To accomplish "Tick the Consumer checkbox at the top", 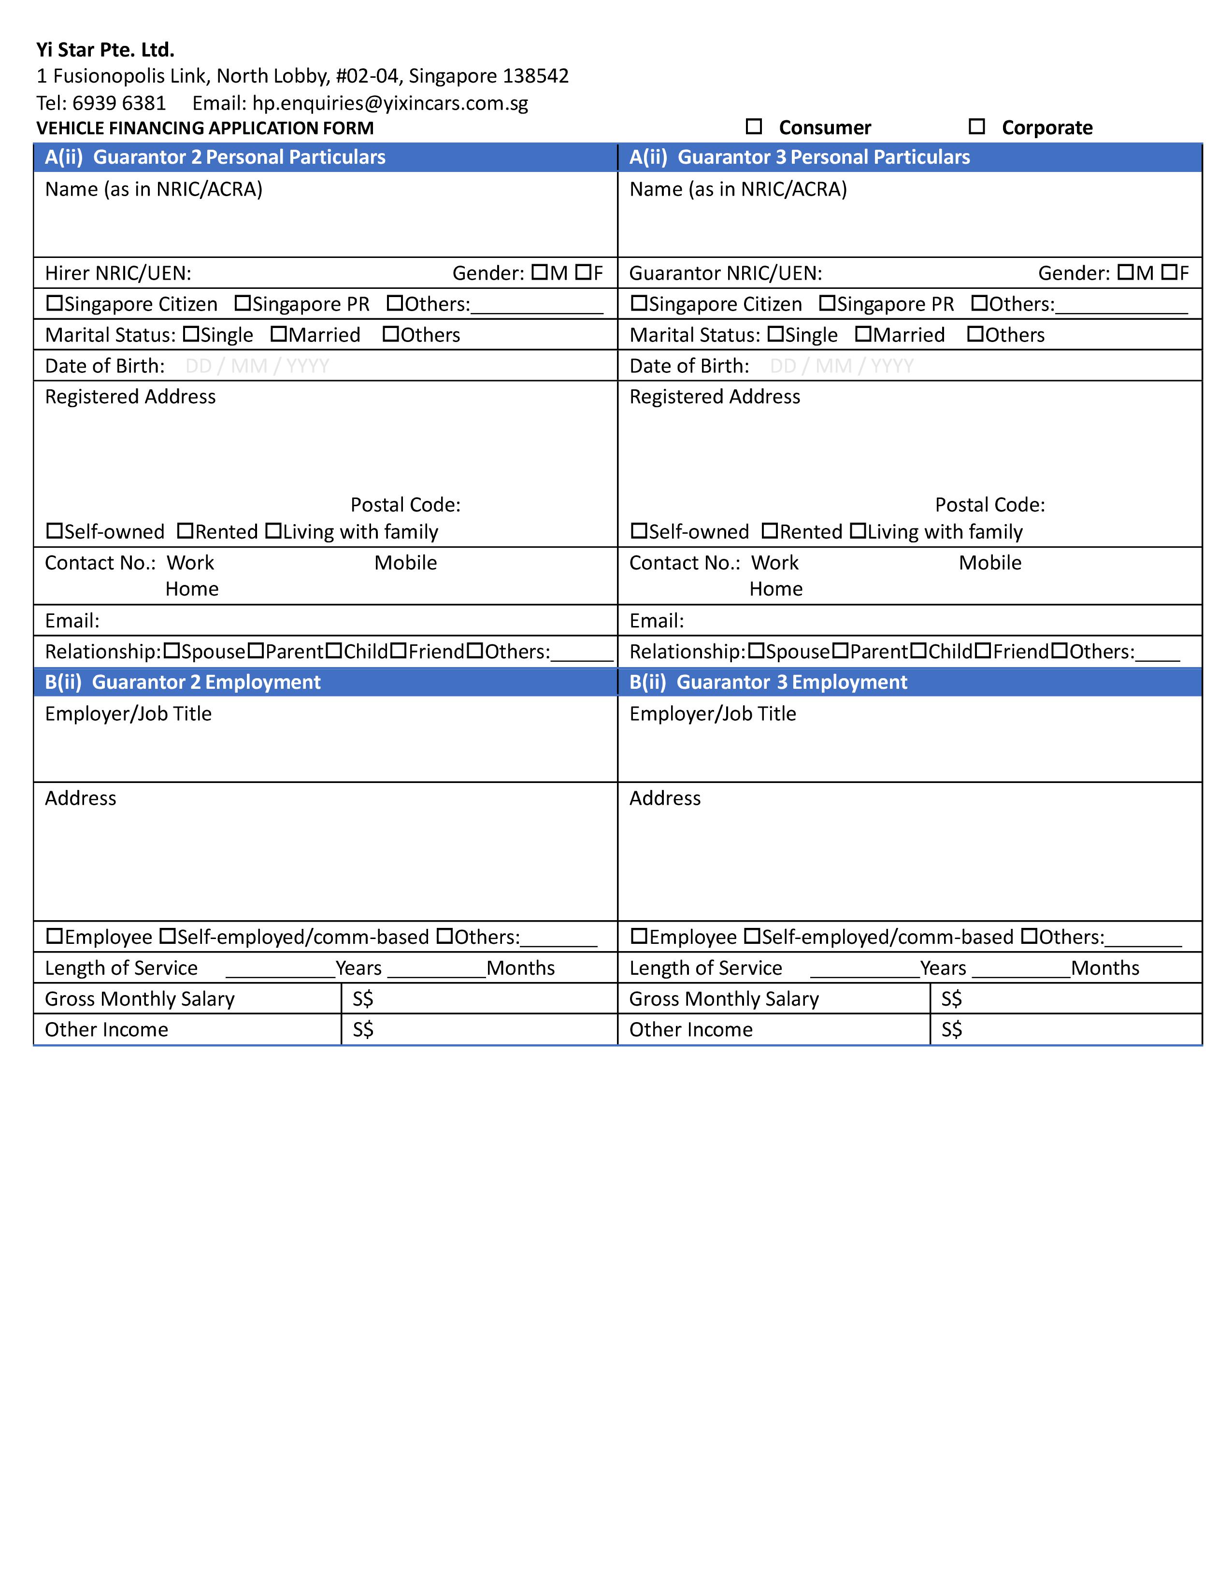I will pos(754,127).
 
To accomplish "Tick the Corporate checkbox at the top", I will pos(976,127).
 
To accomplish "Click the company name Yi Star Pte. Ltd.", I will pos(105,50).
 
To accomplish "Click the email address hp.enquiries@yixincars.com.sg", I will pos(390,103).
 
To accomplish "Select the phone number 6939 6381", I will pos(119,103).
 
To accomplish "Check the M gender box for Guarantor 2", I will pos(539,272).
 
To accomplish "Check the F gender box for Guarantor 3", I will pos(1169,272).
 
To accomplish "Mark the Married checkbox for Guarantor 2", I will pos(278,334).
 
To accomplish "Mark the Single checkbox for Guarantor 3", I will pos(775,334).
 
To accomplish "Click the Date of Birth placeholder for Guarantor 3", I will pos(842,366).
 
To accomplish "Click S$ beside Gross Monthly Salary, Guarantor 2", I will pos(363,998).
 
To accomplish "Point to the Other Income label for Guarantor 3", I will pos(690,1029).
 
